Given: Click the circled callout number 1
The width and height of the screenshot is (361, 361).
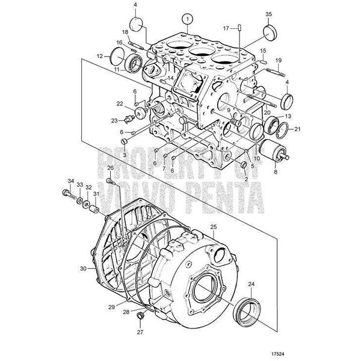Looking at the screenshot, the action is coord(188,19).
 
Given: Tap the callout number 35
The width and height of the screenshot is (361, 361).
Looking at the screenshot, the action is coord(269,14).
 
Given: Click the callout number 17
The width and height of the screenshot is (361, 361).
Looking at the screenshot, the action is coord(226,28).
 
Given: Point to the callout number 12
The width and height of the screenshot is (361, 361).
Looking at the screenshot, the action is coord(100,56).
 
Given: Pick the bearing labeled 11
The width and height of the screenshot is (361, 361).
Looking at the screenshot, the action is coord(134,63).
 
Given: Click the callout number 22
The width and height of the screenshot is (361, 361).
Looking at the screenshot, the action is coord(120,104).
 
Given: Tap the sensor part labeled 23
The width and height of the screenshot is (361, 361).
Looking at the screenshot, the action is coord(129,119).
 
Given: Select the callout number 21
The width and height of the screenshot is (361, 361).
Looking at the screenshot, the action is coord(298,129).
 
